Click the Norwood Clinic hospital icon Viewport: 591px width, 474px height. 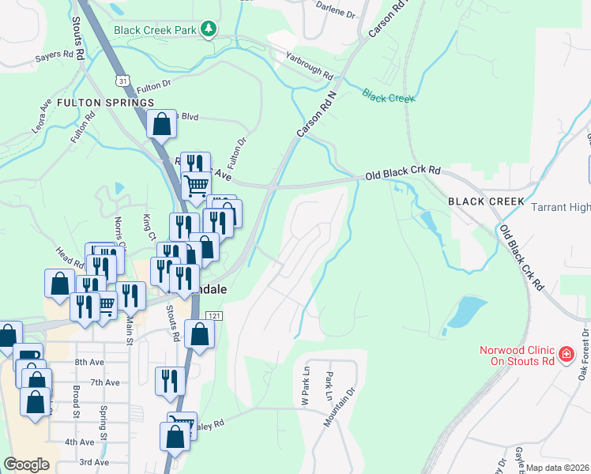click(x=566, y=355)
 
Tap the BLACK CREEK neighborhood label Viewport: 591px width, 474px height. click(x=486, y=201)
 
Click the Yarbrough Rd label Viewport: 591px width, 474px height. click(x=309, y=67)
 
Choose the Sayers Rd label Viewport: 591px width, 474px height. click(x=59, y=58)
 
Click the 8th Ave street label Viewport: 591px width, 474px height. click(x=90, y=362)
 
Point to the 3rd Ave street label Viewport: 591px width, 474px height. click(x=93, y=462)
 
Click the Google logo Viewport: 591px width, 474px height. click(x=27, y=465)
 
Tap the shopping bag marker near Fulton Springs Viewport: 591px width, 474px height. click(x=161, y=124)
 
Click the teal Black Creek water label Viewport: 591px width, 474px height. click(x=389, y=97)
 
